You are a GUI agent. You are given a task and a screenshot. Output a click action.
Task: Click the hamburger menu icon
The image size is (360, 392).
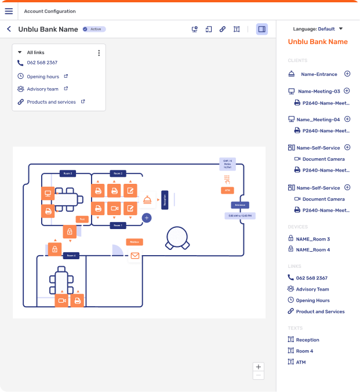[x=9, y=11]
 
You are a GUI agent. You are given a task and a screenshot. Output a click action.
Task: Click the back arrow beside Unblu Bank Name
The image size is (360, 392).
[x=9, y=29]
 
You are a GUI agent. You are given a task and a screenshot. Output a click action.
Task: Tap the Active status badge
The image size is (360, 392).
[x=94, y=29]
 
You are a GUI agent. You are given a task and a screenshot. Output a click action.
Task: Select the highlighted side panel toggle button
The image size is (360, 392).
[x=262, y=29]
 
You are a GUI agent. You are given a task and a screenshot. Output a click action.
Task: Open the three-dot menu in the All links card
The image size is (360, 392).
[x=99, y=53]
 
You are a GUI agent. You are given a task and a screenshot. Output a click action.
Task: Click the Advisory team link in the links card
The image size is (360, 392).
[x=42, y=89]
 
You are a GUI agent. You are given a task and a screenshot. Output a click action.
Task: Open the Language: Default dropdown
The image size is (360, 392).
[x=318, y=28]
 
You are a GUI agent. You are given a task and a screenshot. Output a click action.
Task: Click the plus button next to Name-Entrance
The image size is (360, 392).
[x=347, y=74]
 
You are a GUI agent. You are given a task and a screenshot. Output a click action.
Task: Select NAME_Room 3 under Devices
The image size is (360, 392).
[x=312, y=239]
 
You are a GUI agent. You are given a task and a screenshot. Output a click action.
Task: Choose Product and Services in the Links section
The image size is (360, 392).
[x=320, y=311]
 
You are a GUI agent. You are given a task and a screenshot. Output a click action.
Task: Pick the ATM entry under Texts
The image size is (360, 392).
[x=300, y=362]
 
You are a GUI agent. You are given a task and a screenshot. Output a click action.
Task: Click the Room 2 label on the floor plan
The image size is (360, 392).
[x=118, y=173]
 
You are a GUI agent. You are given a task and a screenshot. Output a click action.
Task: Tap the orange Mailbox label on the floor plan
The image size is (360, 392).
[x=134, y=242]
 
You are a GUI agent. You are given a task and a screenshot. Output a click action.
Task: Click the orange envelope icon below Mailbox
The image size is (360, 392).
[x=134, y=255]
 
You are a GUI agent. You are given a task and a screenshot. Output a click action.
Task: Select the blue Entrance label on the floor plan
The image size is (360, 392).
[x=240, y=205]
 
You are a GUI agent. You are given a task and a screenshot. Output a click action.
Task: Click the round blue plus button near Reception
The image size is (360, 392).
[x=147, y=217]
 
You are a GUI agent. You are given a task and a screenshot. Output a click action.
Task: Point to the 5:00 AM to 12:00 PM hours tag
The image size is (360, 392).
[x=240, y=216]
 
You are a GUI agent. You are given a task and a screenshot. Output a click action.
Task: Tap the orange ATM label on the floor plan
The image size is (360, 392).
[x=227, y=190]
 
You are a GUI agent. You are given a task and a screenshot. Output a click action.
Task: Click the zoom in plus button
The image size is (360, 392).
[x=259, y=366]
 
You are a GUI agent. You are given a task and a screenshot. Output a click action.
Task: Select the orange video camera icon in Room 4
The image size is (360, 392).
[x=61, y=300]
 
